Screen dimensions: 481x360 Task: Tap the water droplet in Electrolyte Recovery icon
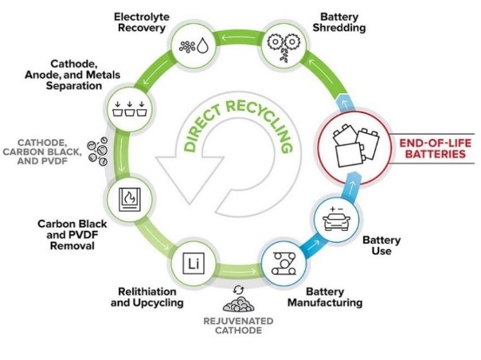click(202, 45)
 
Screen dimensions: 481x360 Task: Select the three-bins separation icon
click(130, 108)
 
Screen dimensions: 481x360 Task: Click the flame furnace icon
click(130, 199)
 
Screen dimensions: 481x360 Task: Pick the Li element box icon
click(194, 264)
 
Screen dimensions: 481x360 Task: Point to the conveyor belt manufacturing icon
click(284, 264)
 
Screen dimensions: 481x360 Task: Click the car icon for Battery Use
click(336, 219)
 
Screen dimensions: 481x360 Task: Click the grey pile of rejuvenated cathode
click(239, 303)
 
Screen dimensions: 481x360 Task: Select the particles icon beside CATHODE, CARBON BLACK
click(97, 151)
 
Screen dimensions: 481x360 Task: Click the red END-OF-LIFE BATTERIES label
click(436, 148)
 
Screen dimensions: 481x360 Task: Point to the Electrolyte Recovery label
click(142, 22)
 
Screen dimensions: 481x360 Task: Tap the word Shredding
click(339, 28)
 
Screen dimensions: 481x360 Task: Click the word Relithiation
click(147, 292)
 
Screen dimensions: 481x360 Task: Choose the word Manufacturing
click(325, 303)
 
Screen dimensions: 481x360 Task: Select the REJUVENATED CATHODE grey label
click(238, 326)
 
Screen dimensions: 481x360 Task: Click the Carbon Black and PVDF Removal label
click(72, 235)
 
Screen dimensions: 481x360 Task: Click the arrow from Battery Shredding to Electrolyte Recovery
click(238, 38)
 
